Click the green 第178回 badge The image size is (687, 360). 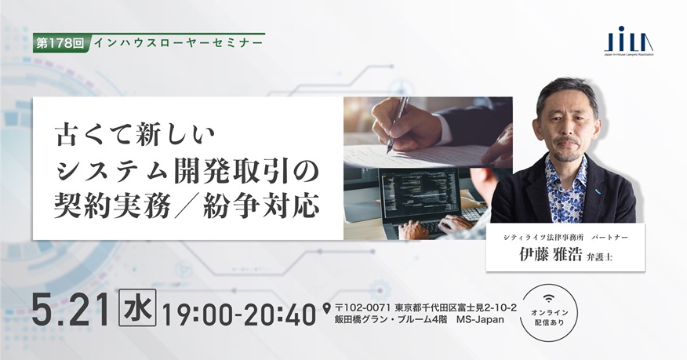(61, 43)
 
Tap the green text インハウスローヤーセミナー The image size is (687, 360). (178, 43)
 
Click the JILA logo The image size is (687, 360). (629, 41)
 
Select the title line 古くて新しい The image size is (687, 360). (136, 135)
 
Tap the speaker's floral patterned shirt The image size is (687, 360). (565, 189)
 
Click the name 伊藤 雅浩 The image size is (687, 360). (551, 255)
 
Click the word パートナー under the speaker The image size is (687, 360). (609, 238)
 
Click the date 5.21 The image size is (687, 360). (70, 310)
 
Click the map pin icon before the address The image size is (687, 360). (326, 309)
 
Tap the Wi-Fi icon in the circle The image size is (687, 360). (548, 298)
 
